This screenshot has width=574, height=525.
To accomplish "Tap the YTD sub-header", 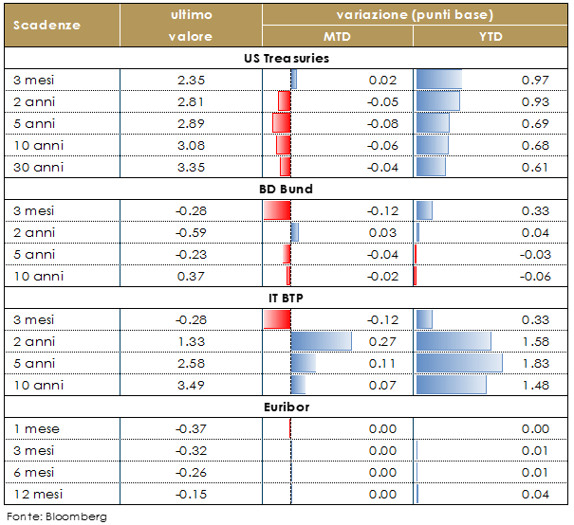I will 491,37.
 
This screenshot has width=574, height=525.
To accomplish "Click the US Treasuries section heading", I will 286,58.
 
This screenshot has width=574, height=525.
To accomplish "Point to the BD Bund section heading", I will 286,189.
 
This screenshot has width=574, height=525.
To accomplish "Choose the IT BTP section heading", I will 286,298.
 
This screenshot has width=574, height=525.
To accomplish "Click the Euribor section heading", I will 286,407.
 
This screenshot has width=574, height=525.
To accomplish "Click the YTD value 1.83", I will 549,363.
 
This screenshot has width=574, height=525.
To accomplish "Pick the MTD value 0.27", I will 382,341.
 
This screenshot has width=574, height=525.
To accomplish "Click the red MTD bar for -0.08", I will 281,123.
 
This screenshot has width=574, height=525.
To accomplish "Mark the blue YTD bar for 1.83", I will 459,363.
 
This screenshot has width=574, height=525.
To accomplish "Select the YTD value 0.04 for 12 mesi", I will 549,494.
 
